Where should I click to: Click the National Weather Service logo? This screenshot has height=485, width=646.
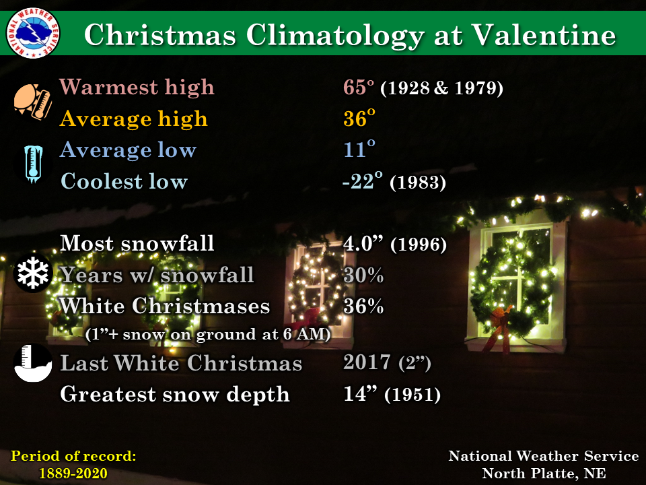pos(33,32)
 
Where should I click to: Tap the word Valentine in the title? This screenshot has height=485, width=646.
pos(544,34)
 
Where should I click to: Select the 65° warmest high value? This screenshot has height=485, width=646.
pos(359,87)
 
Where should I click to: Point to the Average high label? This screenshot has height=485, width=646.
pos(133,119)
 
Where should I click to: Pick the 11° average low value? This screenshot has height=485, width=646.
pos(359,149)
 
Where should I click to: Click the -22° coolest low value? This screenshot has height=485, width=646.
pos(362,181)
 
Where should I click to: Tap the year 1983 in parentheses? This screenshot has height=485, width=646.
pos(418,183)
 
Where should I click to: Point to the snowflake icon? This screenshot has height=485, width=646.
pos(32,273)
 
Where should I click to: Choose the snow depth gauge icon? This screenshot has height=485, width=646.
pos(32,363)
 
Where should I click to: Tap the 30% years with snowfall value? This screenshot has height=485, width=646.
pos(363,275)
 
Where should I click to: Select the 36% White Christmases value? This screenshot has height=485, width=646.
pos(363,306)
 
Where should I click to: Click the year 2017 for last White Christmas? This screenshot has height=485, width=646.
pos(367,362)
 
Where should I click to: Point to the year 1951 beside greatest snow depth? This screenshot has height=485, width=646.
pos(412,395)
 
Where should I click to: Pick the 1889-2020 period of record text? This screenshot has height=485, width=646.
pos(73,473)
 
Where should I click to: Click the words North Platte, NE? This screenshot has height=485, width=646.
pos(544,473)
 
